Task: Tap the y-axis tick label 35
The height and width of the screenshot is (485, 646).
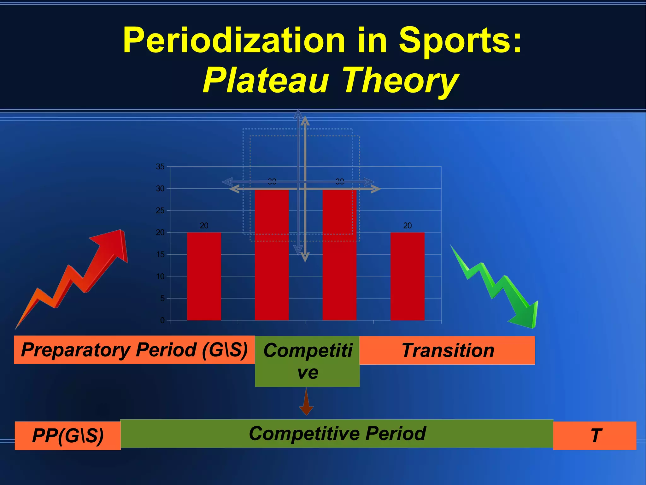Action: point(160,167)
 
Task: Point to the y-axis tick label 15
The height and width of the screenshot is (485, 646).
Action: point(160,254)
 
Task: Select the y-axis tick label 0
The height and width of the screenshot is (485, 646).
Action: point(162,320)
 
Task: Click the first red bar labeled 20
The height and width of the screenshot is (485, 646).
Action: point(204,276)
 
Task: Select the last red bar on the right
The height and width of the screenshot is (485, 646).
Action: point(407,276)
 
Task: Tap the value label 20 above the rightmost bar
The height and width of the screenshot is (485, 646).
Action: point(407,226)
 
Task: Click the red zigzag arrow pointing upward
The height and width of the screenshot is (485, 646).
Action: point(79,275)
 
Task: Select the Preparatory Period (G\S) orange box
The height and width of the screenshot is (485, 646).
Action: point(134,350)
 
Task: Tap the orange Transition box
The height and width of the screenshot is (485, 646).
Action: point(447,350)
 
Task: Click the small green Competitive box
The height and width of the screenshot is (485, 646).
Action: point(307,361)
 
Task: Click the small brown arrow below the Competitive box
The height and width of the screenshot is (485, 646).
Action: point(306,403)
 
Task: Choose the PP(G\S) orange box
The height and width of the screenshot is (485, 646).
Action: point(68,436)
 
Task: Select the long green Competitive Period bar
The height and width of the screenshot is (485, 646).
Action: point(337,433)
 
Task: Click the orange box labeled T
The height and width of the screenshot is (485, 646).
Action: point(595,436)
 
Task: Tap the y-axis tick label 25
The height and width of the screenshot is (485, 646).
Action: point(160,210)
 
